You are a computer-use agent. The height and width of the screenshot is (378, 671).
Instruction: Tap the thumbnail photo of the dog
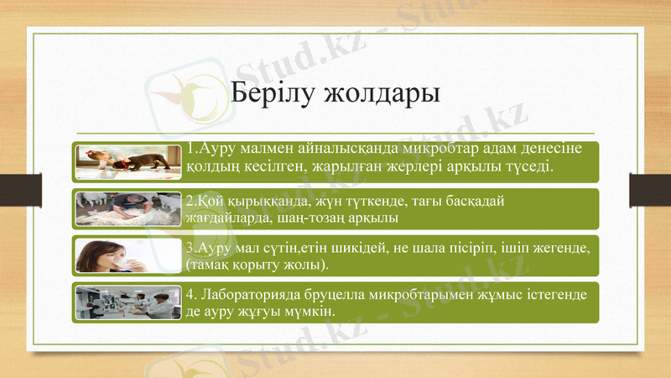point(129,161)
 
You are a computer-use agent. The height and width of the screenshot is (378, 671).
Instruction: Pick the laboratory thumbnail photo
point(129,302)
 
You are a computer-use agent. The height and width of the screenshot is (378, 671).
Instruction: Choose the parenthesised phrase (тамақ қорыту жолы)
point(257,265)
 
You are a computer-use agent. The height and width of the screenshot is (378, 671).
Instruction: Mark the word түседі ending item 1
point(528,168)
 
